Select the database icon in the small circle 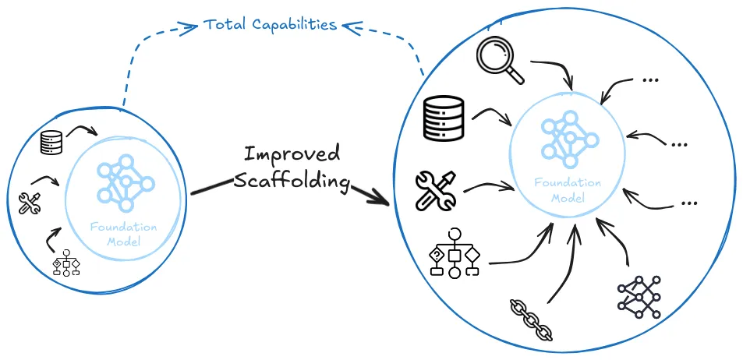[x=51, y=142]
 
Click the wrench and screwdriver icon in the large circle [x=436, y=190]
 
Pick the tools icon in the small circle [x=29, y=203]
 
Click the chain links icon [x=531, y=319]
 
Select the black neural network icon [x=639, y=296]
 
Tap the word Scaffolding [x=291, y=182]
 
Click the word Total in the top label [x=224, y=24]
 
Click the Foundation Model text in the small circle [x=124, y=234]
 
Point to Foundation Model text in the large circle [x=568, y=189]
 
